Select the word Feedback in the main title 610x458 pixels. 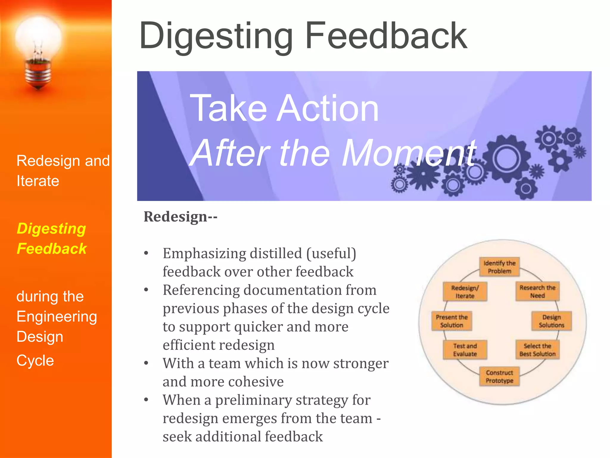pos(386,36)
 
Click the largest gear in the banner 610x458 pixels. pos(506,158)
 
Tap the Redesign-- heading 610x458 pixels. pos(180,216)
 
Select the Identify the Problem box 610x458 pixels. pos(499,267)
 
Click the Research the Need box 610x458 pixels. pos(537,292)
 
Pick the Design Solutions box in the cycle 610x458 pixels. pos(551,321)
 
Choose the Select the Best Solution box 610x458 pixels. pos(537,350)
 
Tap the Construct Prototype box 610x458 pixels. pos(499,377)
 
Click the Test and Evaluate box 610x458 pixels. pos(465,350)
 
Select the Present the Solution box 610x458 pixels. pos(452,321)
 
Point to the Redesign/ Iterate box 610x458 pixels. pos(465,292)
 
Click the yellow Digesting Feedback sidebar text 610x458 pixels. pos(52,239)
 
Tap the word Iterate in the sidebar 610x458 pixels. pos(38,181)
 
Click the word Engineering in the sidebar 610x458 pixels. pos(57,316)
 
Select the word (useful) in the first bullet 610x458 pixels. pos(331,253)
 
